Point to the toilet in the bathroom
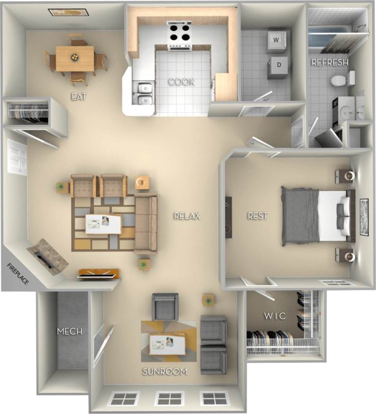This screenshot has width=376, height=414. pos(342,79)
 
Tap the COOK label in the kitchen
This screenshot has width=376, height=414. pos(181,82)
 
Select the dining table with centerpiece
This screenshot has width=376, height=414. pos(75,58)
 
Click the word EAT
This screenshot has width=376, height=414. pos(79,96)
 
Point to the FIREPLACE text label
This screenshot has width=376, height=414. pos(18,274)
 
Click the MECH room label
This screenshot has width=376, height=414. pos(69,331)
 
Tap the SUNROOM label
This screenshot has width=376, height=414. pos(165,371)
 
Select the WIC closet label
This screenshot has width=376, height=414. pos(275,316)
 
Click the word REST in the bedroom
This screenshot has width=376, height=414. pos(257,216)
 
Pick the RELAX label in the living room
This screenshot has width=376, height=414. pos(187,216)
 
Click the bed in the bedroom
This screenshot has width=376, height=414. pos(317,216)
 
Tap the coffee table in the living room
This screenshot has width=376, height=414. pos(103,224)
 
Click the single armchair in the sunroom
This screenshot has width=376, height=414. pos(165,306)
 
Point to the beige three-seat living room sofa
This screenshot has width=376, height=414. pos(146,224)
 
